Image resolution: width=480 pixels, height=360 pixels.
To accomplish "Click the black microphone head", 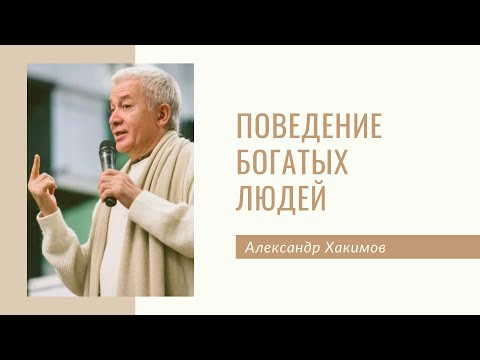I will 107,153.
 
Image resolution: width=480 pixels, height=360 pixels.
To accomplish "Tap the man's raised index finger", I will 35,164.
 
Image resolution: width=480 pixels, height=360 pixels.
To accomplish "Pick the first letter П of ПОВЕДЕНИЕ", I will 242,129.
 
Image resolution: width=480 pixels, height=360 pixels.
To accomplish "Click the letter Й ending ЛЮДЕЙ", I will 320,196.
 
